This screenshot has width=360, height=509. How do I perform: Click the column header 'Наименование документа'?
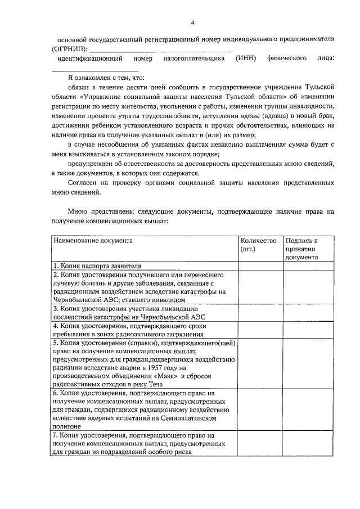(93, 240)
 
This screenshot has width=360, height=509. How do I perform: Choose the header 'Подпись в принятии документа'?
(301, 249)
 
